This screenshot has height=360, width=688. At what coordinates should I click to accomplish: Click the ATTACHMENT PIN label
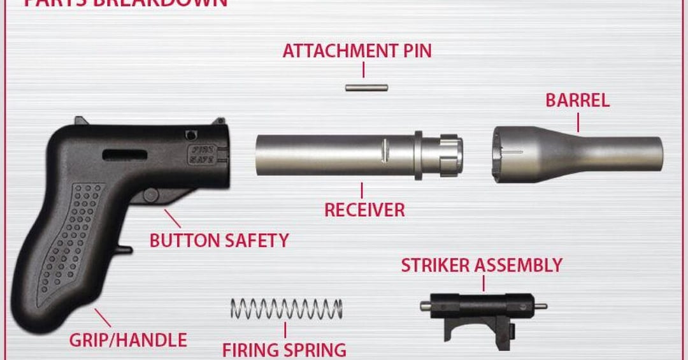(x=357, y=51)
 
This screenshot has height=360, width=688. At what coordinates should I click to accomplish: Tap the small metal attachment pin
(x=366, y=87)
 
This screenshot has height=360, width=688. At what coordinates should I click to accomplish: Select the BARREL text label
(x=577, y=101)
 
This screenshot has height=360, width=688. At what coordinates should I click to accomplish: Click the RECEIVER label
(x=364, y=210)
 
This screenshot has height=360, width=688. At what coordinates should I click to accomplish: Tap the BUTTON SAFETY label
(x=219, y=240)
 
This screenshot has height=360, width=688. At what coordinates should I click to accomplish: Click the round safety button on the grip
(x=150, y=195)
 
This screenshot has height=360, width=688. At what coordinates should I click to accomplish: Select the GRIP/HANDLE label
(x=128, y=340)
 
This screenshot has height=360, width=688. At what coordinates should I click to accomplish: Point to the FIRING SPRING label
(x=284, y=349)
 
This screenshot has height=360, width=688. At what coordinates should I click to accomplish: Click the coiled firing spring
(x=286, y=308)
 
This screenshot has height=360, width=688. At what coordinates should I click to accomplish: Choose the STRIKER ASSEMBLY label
(x=482, y=265)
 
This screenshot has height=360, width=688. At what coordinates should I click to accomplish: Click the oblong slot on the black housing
(x=124, y=154)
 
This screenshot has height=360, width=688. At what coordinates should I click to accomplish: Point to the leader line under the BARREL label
(x=578, y=122)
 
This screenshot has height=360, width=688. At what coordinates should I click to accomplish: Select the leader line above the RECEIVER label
(x=362, y=190)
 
